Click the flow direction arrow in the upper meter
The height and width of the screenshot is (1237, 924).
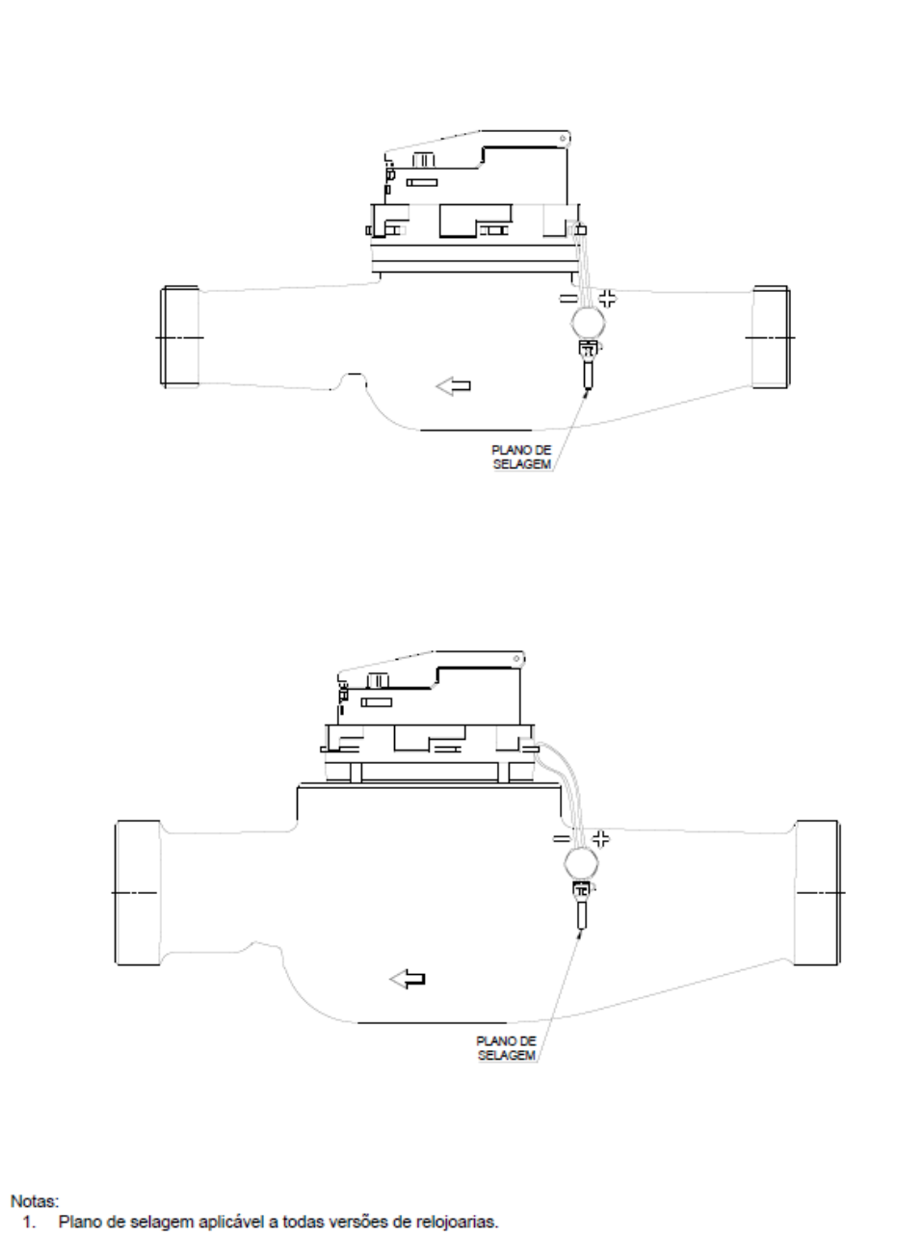point(454,386)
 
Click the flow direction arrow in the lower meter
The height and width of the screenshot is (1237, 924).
point(408,980)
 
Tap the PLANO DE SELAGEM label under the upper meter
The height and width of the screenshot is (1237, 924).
point(521,457)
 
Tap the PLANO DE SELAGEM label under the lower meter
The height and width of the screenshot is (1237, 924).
point(506,1048)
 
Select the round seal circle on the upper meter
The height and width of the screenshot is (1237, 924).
point(588,323)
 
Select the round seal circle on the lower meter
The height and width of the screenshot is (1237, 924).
point(581,863)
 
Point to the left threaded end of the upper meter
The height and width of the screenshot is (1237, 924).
point(180,337)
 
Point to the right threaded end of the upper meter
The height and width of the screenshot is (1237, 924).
point(772,337)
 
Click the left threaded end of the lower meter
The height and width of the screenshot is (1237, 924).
point(138,893)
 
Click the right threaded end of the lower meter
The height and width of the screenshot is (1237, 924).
point(817,893)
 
